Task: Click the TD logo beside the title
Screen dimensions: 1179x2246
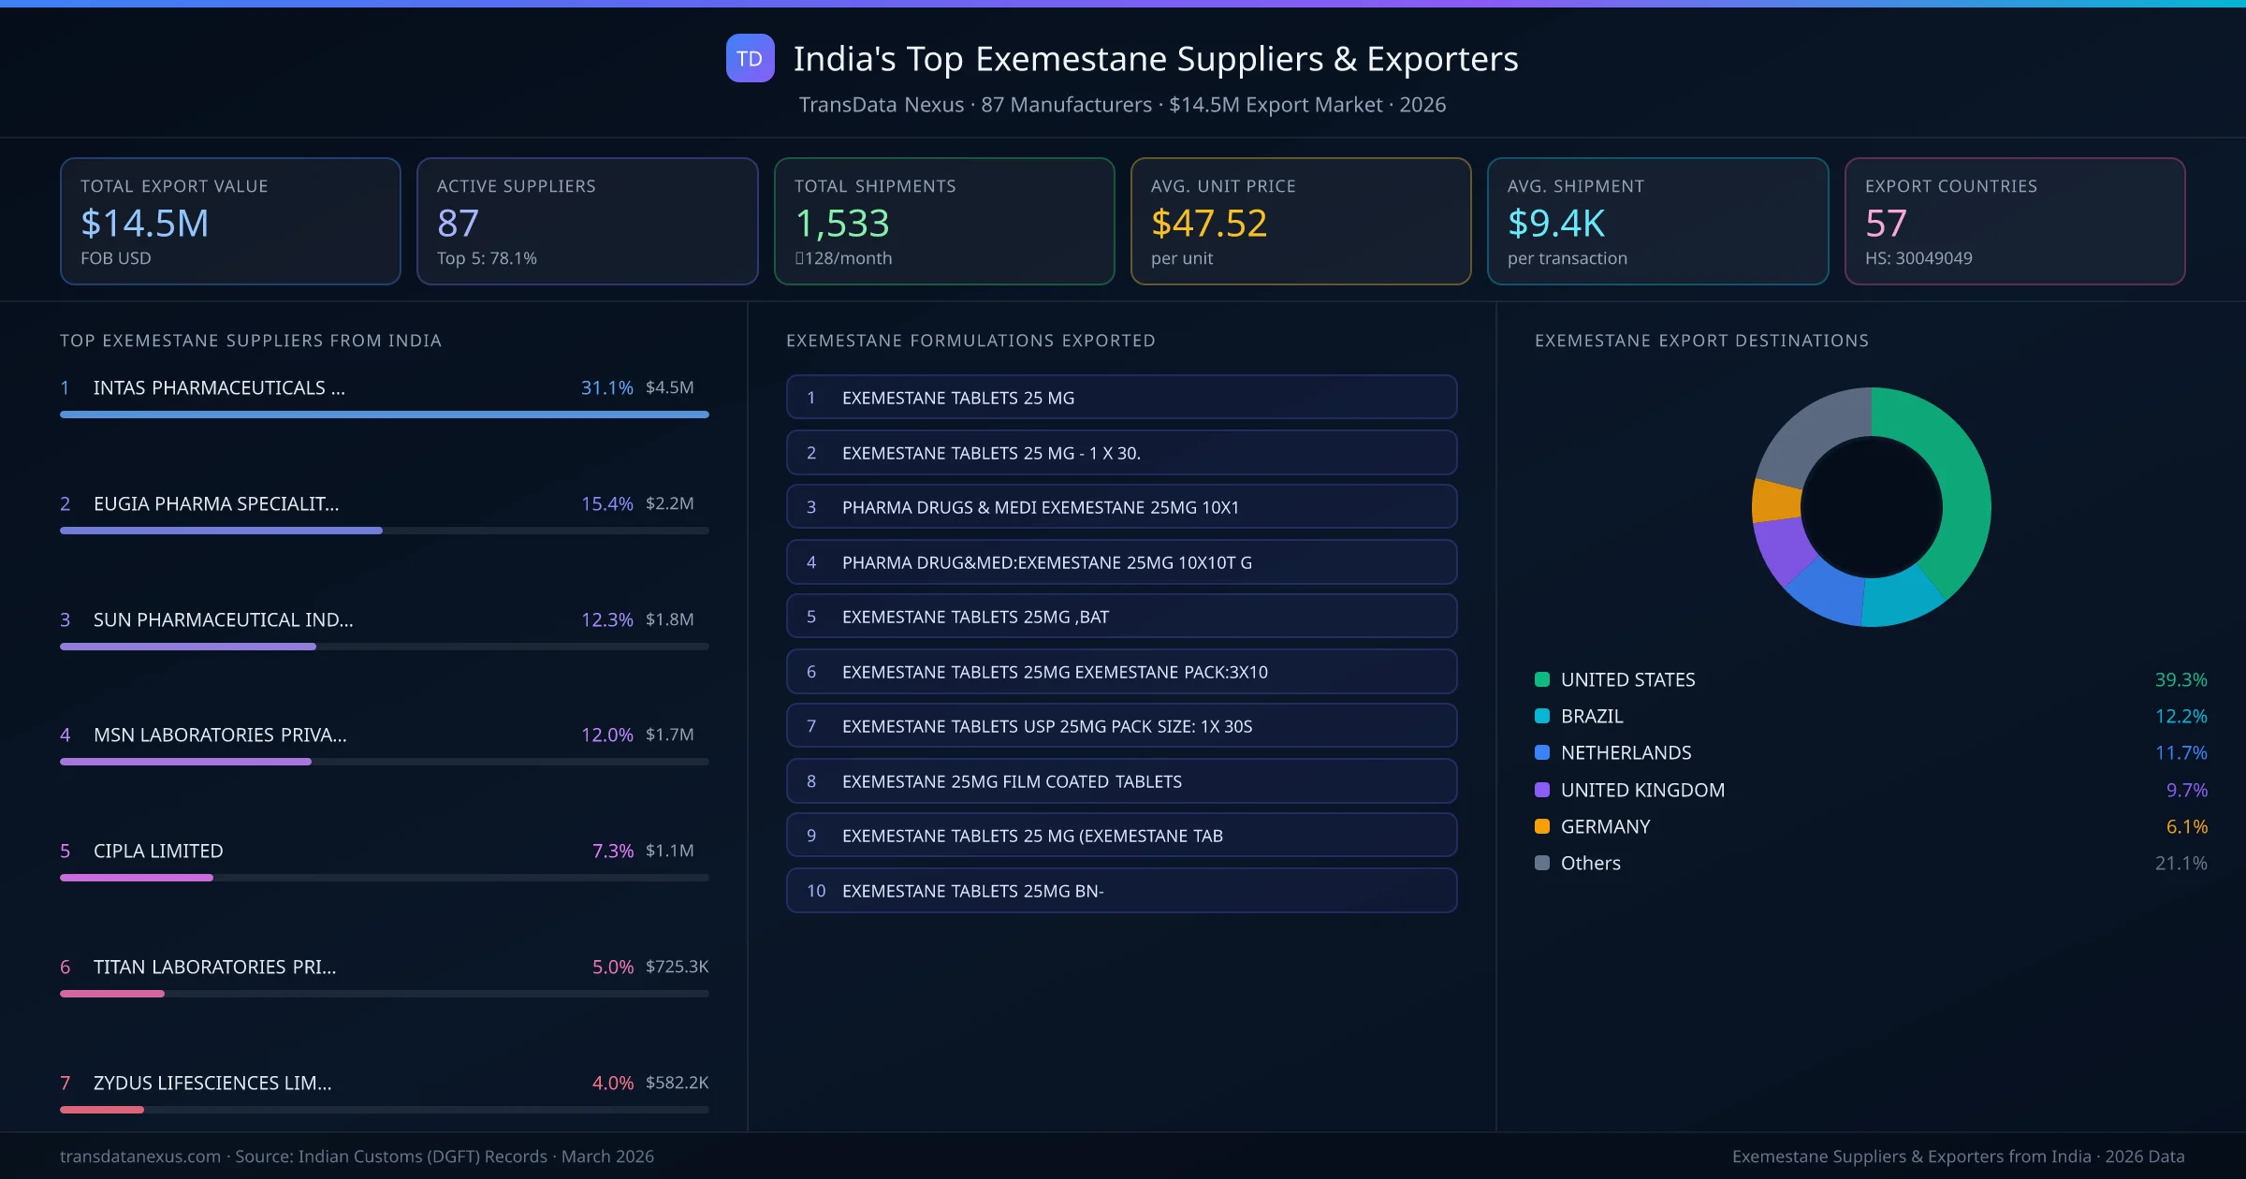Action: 750,58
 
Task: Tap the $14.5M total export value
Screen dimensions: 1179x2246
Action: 144,223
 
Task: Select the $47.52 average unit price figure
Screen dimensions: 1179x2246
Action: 1208,223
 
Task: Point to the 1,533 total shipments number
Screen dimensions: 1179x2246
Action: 841,223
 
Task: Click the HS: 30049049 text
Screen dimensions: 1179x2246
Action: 1918,258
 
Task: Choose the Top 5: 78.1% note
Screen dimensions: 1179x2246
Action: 487,258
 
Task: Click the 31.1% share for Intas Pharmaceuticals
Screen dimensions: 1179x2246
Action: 606,387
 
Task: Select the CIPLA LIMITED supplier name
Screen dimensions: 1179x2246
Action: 158,851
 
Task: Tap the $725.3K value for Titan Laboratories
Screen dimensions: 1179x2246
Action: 677,967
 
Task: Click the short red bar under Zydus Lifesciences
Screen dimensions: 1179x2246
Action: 102,1110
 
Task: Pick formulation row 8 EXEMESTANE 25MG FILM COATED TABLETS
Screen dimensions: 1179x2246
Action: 1011,781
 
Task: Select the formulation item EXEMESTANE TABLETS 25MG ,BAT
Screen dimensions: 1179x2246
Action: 974,617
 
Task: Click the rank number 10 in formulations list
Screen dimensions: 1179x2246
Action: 816,891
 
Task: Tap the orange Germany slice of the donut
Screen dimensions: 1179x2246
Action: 1775,501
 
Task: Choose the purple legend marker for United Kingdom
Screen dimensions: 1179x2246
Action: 1542,790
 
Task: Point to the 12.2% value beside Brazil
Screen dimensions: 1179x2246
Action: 2180,716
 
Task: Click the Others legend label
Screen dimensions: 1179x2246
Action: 1590,863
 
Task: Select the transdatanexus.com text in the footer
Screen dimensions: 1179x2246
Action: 140,1157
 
